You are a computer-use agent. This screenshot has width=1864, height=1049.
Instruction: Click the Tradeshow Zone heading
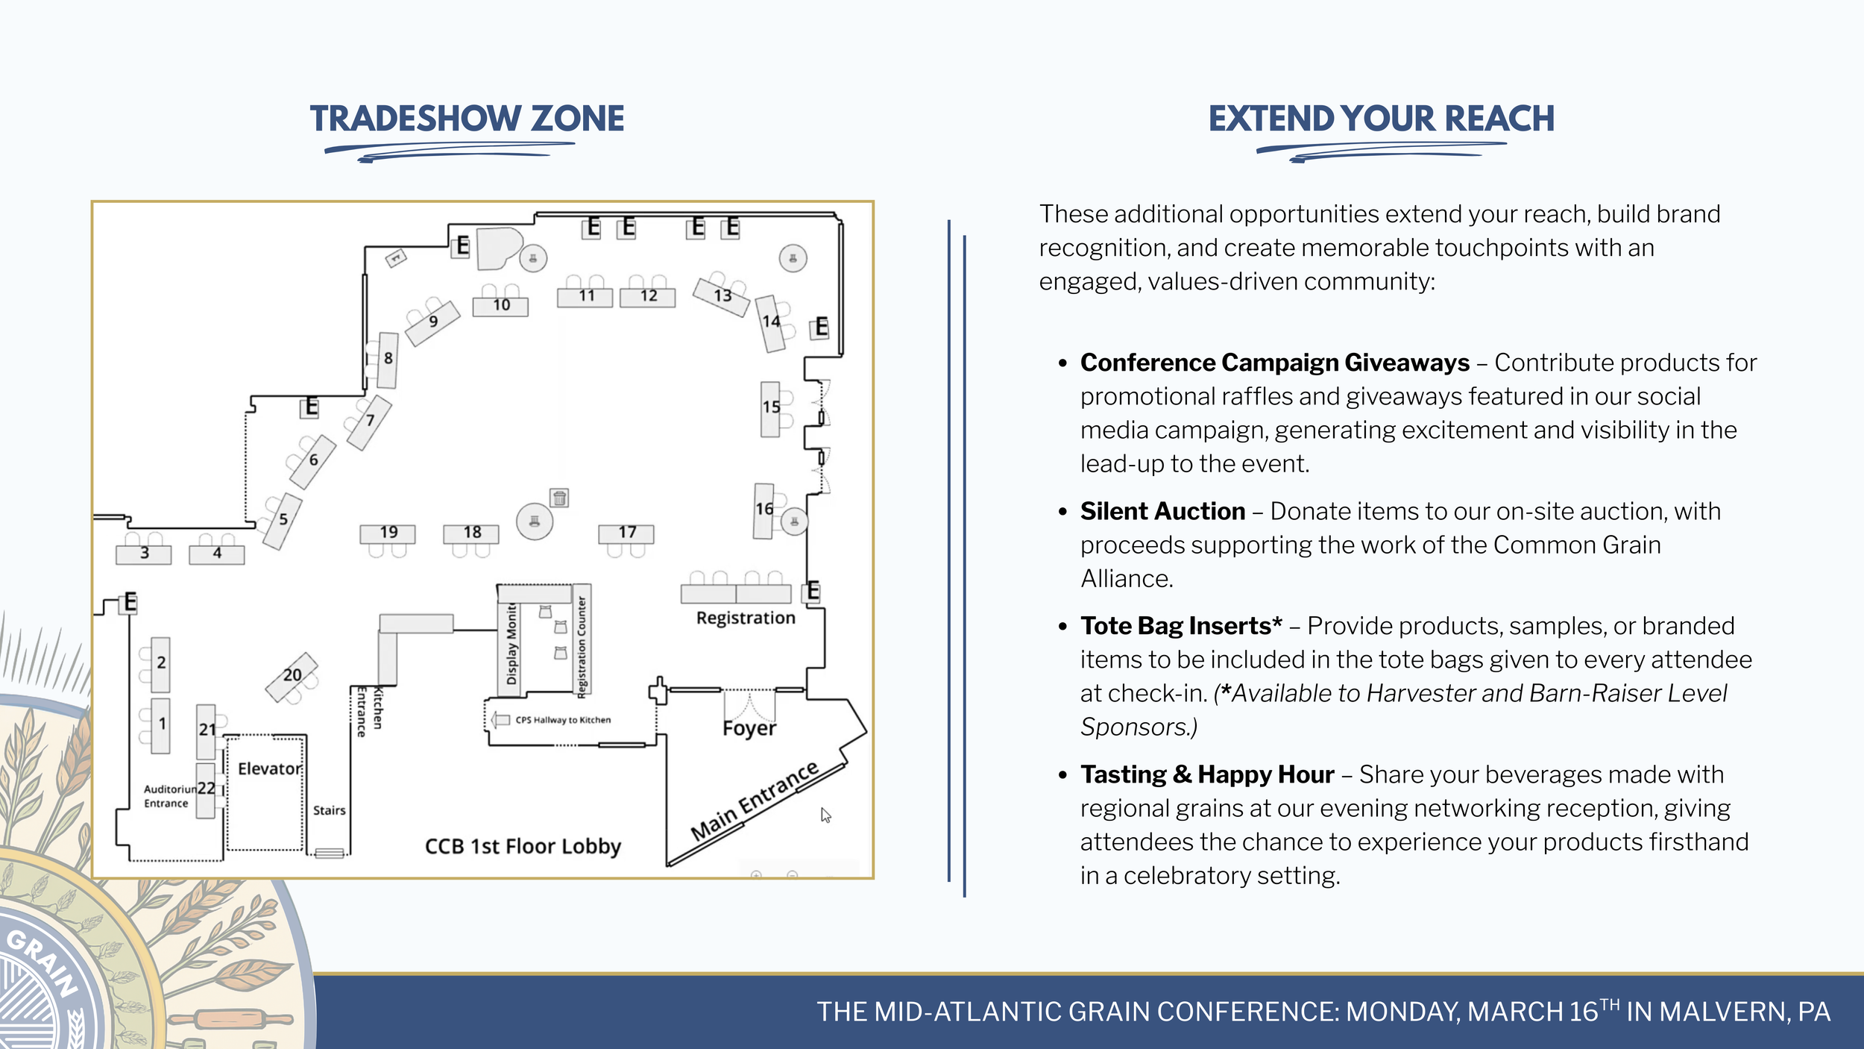tap(467, 119)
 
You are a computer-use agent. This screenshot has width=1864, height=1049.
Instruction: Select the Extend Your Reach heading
tap(1381, 119)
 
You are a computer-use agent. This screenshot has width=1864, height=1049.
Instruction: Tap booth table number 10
tap(501, 305)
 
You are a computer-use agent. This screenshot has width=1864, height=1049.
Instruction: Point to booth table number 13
tap(722, 296)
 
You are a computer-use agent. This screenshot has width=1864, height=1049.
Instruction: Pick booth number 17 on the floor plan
tap(626, 533)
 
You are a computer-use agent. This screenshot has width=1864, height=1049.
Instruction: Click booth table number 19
tap(388, 533)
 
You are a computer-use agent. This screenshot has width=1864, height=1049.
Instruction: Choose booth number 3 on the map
tap(144, 554)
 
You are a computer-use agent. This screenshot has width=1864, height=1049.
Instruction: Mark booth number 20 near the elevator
tap(292, 675)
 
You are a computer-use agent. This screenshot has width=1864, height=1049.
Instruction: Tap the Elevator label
tap(269, 768)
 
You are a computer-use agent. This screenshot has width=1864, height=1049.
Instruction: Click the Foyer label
tap(749, 728)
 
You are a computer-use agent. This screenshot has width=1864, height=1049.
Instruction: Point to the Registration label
tap(746, 618)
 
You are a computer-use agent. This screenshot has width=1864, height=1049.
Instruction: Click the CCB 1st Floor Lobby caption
tap(523, 846)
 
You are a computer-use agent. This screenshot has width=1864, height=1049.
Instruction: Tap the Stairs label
tap(329, 810)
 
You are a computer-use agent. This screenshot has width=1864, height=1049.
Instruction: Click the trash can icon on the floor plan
tap(559, 498)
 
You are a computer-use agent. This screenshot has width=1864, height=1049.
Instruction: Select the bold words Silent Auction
tap(1162, 511)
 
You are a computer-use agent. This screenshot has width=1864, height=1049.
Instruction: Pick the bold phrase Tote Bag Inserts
tap(1181, 625)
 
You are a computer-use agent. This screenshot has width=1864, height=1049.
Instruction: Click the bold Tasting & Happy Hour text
tap(1207, 774)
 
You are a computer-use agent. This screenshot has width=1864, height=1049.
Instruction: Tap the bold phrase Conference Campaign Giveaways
tap(1274, 363)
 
